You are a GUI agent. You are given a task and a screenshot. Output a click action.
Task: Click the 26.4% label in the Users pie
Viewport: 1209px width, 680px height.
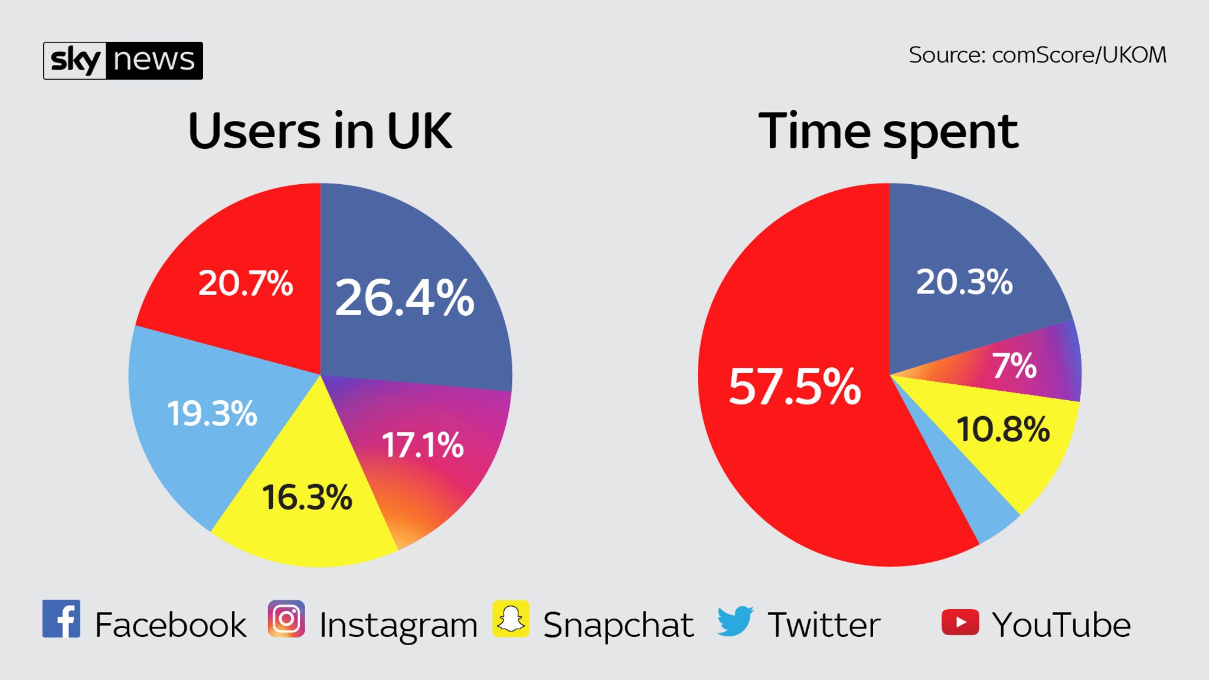click(x=404, y=297)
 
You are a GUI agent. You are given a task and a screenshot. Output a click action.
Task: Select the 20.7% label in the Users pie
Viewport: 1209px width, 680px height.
click(x=246, y=283)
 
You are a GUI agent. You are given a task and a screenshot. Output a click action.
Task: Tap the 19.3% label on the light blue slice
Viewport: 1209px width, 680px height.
click(x=212, y=413)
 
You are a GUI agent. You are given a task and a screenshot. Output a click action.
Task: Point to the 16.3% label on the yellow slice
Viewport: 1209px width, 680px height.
click(x=307, y=497)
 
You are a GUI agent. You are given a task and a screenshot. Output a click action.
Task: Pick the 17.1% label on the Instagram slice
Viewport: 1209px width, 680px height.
click(x=423, y=445)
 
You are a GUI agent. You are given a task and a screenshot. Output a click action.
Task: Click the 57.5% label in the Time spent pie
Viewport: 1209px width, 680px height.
click(x=795, y=387)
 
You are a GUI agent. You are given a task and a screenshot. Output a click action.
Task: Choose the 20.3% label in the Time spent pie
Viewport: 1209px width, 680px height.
click(x=964, y=282)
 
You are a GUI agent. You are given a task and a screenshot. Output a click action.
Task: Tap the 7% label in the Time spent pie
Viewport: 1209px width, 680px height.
click(x=1014, y=366)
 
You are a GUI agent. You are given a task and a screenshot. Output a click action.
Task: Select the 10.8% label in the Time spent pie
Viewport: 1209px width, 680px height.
click(x=1003, y=429)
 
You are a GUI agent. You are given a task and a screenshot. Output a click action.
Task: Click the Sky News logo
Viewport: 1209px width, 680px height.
click(x=123, y=60)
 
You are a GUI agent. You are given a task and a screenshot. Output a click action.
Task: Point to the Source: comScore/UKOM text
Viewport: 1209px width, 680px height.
click(x=1037, y=55)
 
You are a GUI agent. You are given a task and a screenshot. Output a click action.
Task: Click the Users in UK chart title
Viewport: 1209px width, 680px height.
click(x=320, y=130)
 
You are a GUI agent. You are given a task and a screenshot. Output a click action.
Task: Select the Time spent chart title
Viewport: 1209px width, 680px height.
click(x=888, y=131)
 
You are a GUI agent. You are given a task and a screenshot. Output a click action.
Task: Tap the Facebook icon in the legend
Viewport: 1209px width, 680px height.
click(x=61, y=619)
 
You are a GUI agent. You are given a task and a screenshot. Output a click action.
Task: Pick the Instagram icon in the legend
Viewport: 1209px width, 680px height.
click(x=286, y=619)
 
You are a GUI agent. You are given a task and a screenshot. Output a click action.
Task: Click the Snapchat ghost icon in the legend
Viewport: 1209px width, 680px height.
click(x=511, y=619)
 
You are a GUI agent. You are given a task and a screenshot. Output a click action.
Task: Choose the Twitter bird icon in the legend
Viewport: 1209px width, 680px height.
click(x=736, y=620)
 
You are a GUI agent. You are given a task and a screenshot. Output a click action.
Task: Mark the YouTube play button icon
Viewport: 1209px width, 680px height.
click(x=960, y=622)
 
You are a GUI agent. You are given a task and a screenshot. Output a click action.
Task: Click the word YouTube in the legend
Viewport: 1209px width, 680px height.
click(x=1061, y=625)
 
